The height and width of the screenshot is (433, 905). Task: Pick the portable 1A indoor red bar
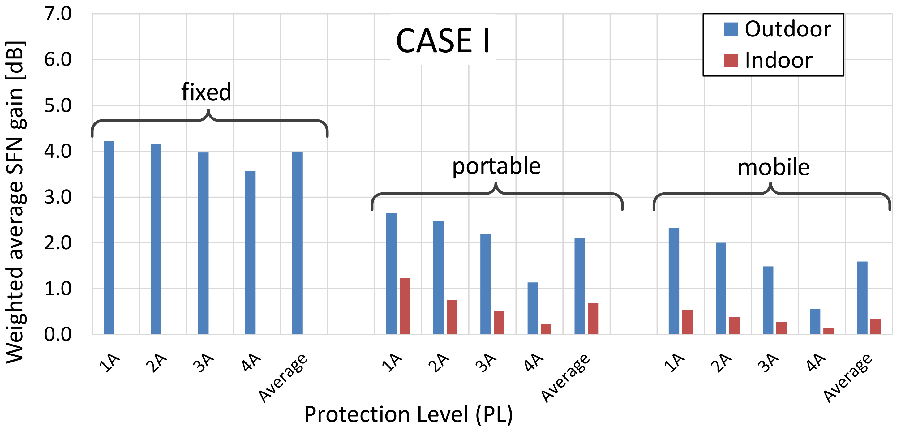pos(405,306)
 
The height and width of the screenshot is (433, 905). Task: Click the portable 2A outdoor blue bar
pos(439,277)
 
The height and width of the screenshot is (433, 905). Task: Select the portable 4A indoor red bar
pos(546,328)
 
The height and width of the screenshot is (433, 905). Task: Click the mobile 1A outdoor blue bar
pos(674,281)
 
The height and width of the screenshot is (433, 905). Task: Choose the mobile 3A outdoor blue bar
pos(768,300)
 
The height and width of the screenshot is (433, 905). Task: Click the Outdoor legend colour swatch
pos(731,29)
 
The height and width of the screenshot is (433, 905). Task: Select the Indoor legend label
pos(778,60)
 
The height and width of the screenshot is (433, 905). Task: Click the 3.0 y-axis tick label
pos(58,197)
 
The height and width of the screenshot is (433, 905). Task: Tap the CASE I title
pos(443,41)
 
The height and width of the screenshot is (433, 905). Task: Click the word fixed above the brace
pos(206,92)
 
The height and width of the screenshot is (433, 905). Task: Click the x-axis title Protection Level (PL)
pos(408,414)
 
